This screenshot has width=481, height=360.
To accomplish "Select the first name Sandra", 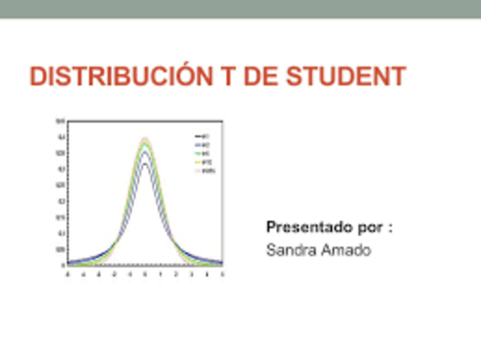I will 289,250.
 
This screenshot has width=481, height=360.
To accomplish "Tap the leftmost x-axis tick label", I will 68,275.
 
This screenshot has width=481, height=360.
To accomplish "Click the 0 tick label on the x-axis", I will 145,275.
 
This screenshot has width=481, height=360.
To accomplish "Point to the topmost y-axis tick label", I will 60,121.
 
